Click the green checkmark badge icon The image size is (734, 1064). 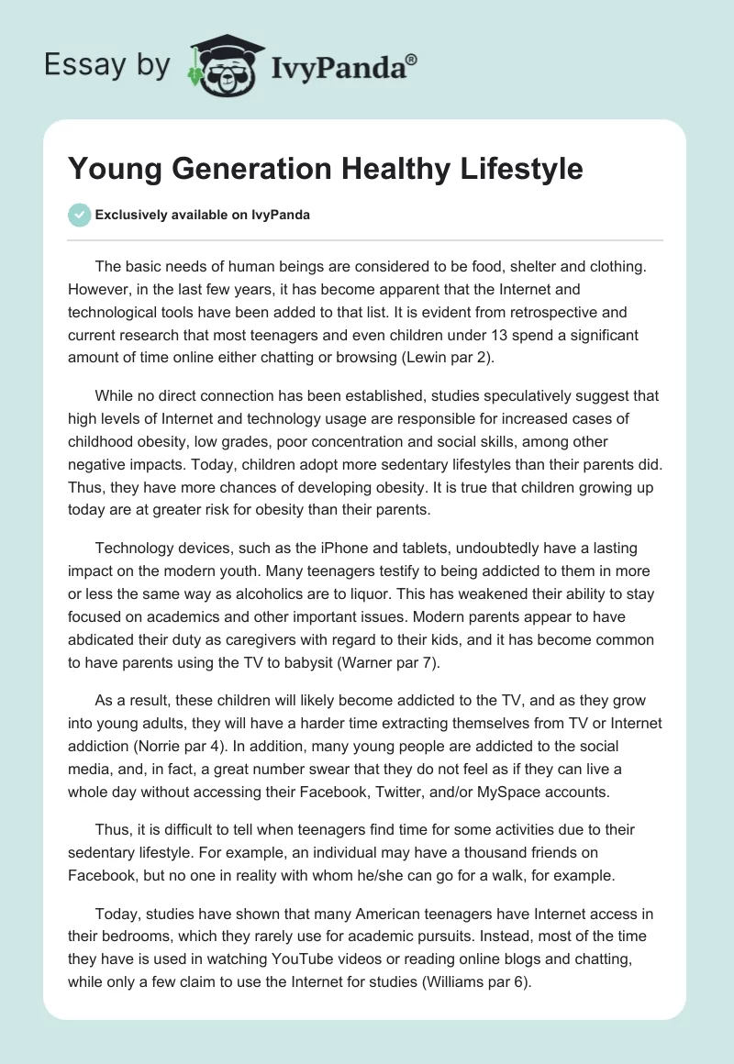[x=80, y=215]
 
